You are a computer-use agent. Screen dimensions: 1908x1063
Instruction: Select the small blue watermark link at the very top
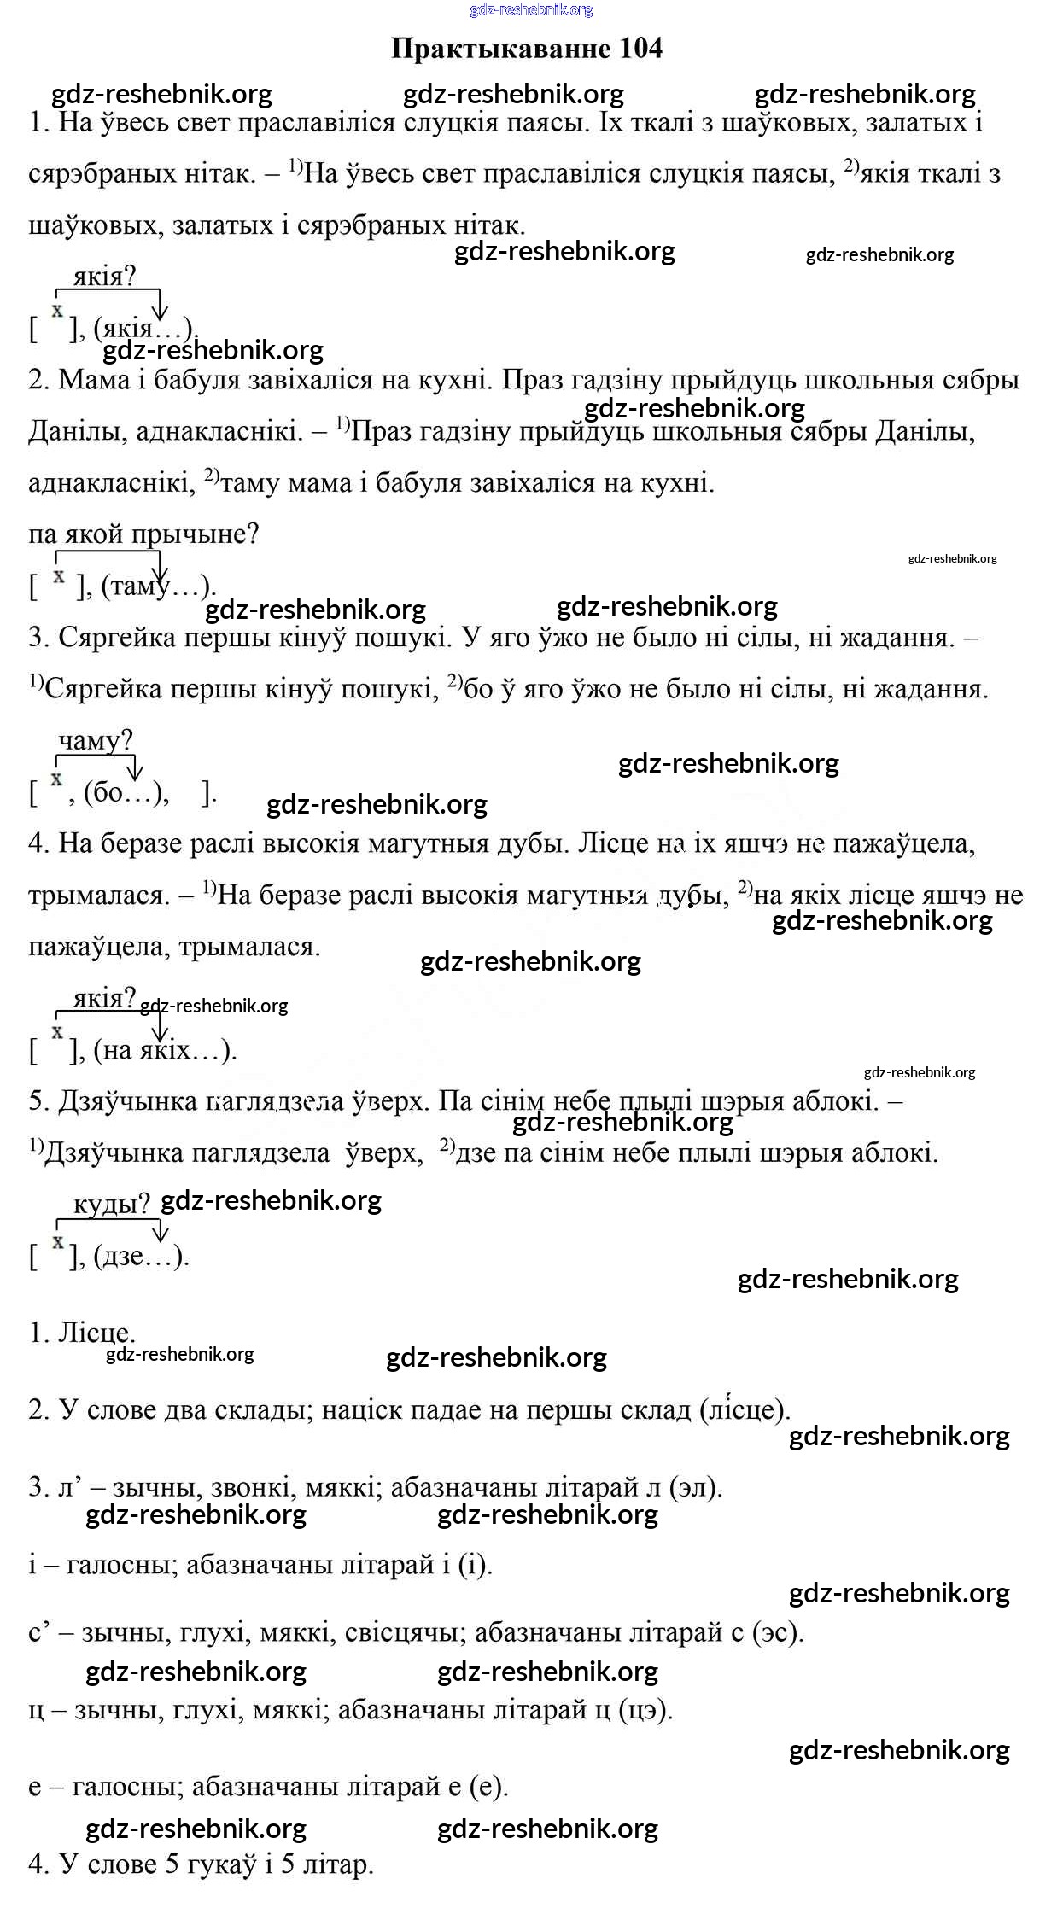click(x=530, y=9)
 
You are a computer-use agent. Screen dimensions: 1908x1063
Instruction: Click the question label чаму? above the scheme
click(x=96, y=740)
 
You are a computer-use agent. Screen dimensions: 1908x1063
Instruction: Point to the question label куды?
click(x=111, y=1204)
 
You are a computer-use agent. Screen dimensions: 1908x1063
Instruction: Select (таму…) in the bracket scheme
click(x=156, y=586)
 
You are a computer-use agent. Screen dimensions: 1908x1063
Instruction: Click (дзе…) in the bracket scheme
click(x=139, y=1256)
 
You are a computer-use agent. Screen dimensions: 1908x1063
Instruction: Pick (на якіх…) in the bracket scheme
click(x=162, y=1050)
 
